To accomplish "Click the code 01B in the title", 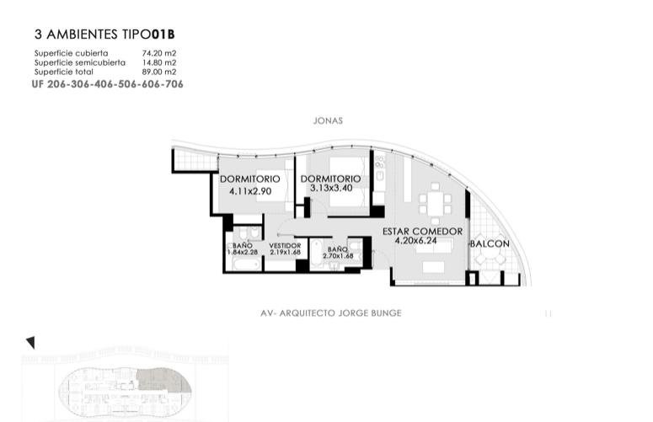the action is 163,35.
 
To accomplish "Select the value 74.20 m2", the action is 159,53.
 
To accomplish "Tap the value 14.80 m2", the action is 159,63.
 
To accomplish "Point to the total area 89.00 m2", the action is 159,72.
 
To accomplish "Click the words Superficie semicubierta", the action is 79,63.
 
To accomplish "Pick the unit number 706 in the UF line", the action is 174,84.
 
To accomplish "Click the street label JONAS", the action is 328,121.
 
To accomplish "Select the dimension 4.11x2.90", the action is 250,191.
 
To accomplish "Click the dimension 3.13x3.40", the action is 331,188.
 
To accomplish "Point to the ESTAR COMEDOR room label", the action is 422,232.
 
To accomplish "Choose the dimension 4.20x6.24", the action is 416,241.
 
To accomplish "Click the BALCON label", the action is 490,244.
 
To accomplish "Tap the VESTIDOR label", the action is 285,246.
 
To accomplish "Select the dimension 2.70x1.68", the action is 338,256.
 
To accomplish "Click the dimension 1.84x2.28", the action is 243,252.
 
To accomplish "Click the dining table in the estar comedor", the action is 436,204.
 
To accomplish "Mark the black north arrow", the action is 30,343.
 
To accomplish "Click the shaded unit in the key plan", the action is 163,381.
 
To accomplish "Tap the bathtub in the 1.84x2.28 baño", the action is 243,264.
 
